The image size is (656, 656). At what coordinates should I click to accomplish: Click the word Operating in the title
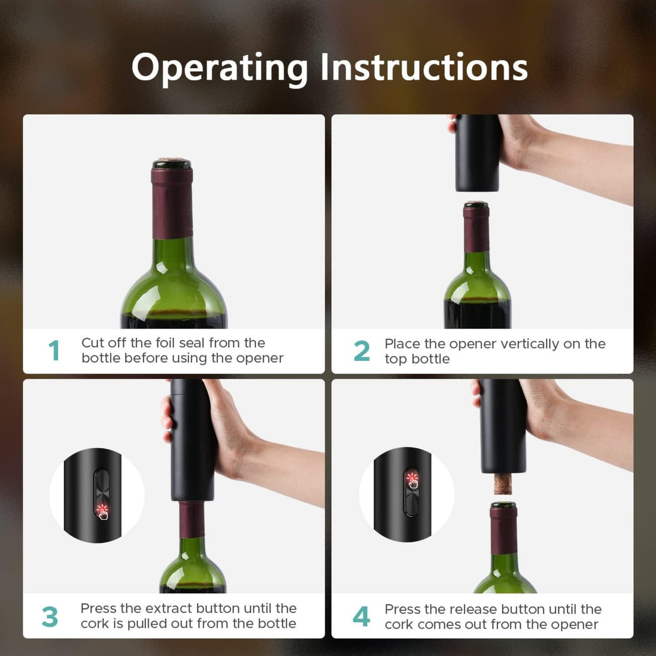click(x=220, y=67)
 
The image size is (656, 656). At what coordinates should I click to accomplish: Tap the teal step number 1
click(x=54, y=351)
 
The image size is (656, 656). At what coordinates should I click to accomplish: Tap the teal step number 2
click(x=362, y=351)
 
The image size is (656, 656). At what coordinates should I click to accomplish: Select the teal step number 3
click(x=50, y=616)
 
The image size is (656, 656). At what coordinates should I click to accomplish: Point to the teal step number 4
click(x=361, y=616)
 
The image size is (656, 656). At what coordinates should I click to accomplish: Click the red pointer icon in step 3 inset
click(x=102, y=511)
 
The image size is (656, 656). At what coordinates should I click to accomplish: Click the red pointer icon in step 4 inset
click(x=412, y=480)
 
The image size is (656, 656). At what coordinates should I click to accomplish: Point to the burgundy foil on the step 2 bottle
click(x=476, y=229)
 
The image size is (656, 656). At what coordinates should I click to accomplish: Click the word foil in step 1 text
click(x=168, y=343)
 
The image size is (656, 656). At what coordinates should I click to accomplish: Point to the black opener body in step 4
click(x=503, y=425)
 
